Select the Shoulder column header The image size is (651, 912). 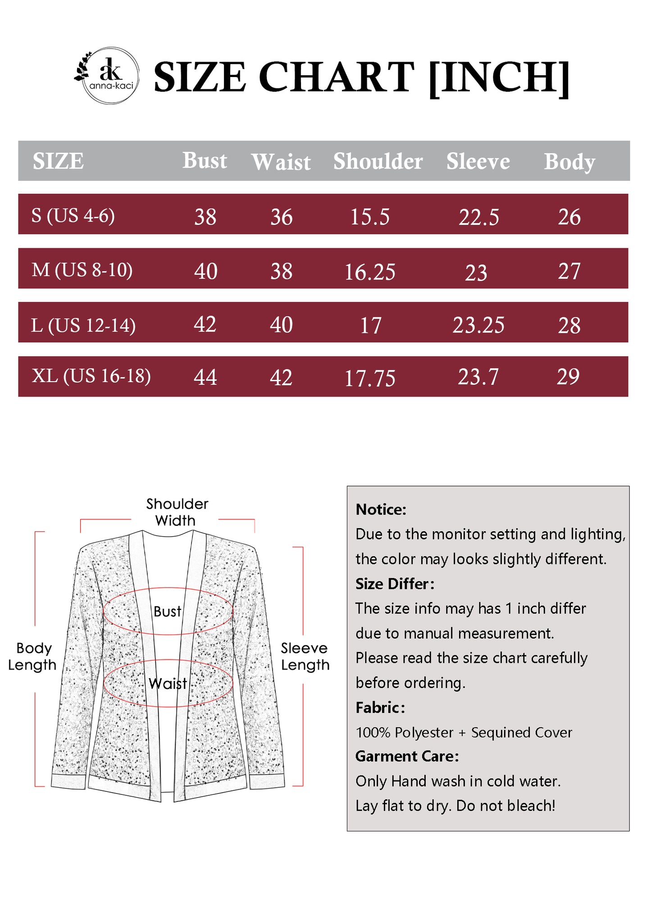pos(378,161)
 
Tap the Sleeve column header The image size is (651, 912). pos(478,161)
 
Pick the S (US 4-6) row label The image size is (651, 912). pos(73,215)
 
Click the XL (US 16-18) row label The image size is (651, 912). pos(91,376)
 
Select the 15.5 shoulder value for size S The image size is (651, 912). pos(369,217)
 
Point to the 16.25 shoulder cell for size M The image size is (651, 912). pos(369,272)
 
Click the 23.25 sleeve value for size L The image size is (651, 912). pos(478,325)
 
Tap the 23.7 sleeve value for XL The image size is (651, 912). pos(478,377)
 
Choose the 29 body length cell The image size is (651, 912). pos(568,377)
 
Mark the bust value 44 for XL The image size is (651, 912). pos(205,377)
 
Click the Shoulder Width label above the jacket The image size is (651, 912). pos(177,512)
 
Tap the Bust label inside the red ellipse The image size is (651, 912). pos(167,611)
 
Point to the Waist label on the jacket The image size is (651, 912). pos(168,684)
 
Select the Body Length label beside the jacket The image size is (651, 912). pos(32,656)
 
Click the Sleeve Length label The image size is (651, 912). pos(305,656)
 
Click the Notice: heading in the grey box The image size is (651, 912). pos(381,509)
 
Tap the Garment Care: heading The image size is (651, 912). pos(407,756)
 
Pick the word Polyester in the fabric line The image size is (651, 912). pos(423,732)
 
